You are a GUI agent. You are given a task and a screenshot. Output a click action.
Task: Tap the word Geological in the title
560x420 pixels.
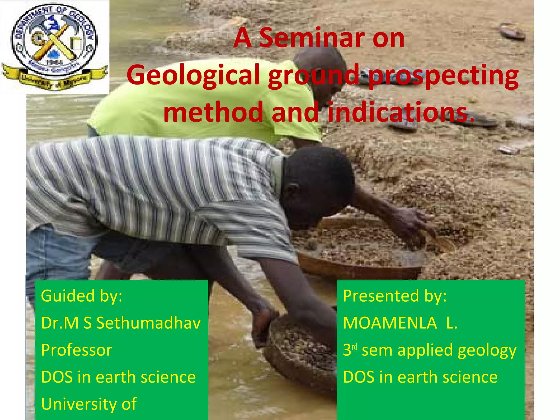[x=193, y=75]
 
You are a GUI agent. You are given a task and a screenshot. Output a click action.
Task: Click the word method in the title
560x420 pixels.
[x=213, y=112]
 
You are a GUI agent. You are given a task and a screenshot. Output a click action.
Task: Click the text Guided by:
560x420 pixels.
[x=81, y=296]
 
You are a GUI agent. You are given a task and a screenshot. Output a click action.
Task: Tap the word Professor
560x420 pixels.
[x=77, y=350]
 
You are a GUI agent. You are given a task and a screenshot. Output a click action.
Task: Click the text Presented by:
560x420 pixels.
[x=395, y=296]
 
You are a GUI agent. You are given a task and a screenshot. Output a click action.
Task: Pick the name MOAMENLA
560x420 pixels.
[x=390, y=323]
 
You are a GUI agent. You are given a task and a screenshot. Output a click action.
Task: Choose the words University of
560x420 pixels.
[x=89, y=404]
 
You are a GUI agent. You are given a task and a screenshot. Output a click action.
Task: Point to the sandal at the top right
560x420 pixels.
[x=511, y=31]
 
